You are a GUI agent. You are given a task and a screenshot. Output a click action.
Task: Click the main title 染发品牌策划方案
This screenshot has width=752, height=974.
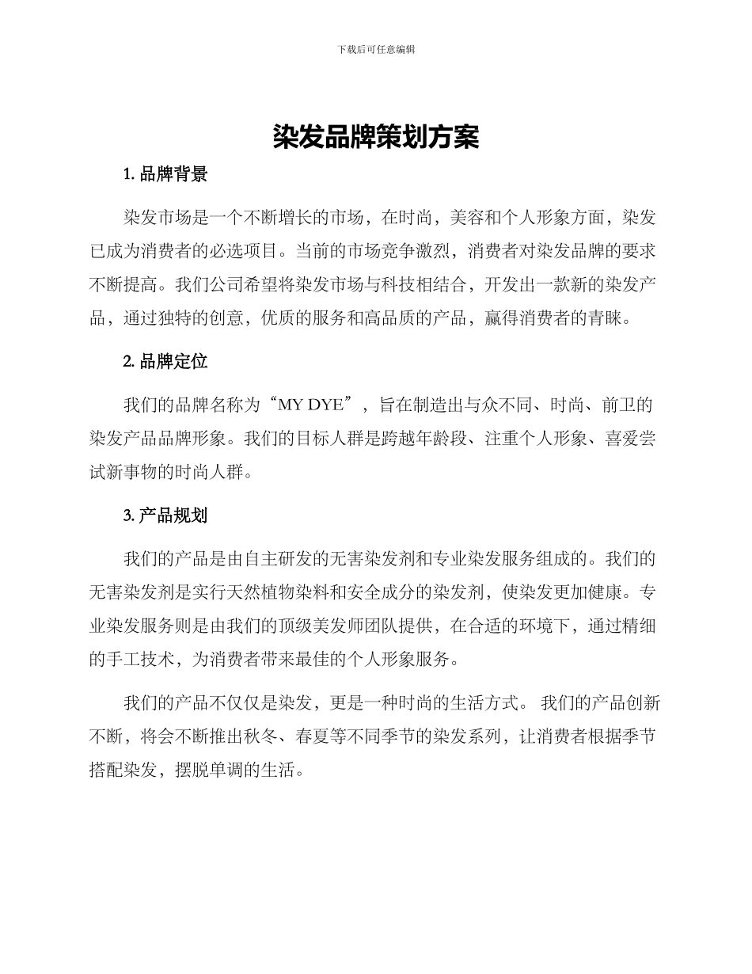click(376, 138)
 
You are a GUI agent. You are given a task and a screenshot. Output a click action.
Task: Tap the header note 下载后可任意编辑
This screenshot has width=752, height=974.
click(376, 49)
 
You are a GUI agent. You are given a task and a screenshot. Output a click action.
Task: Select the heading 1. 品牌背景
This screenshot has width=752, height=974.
click(165, 175)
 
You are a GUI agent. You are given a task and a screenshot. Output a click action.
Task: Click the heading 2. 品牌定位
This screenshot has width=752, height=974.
click(165, 362)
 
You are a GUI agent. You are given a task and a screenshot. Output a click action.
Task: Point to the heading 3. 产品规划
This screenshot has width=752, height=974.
click(165, 516)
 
